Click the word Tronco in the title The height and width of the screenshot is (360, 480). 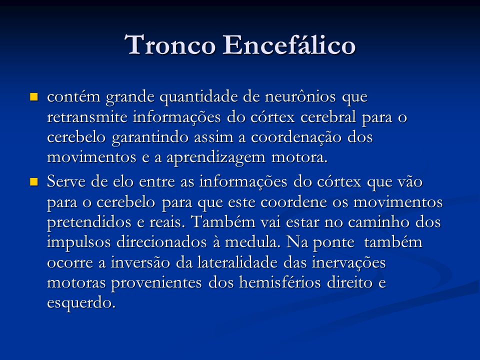[x=170, y=45]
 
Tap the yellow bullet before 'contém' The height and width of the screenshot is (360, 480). [x=33, y=97]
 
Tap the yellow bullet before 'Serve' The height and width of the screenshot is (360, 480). [x=33, y=182]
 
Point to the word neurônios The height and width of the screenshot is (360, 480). [x=300, y=96]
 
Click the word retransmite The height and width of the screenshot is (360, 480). [x=87, y=117]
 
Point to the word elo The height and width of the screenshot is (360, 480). [x=123, y=182]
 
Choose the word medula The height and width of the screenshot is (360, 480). [x=253, y=242]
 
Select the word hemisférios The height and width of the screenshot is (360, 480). [x=280, y=282]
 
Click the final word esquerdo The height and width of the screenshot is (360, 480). [x=81, y=303]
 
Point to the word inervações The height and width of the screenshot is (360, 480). [x=348, y=263]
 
